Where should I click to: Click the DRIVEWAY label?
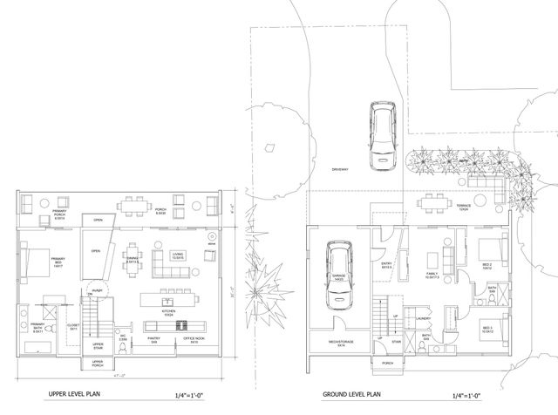pos(342,168)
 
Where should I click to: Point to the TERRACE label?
pos(466,207)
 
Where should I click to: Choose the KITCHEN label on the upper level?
pos(169,310)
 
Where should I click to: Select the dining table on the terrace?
pos(431,204)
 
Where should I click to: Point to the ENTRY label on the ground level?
pos(388,265)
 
